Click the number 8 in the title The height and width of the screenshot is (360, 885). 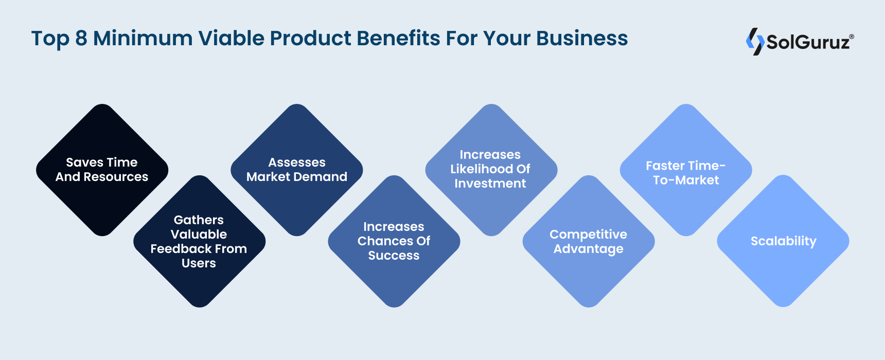coord(81,39)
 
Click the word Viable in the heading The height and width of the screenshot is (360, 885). coord(232,39)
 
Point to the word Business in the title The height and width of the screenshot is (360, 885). coord(582,39)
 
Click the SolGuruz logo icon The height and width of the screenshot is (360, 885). coord(755,41)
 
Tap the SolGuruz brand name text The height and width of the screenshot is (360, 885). coord(808,42)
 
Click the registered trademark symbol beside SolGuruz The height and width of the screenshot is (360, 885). coord(852,37)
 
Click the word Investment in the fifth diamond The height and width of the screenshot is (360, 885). coord(490,184)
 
